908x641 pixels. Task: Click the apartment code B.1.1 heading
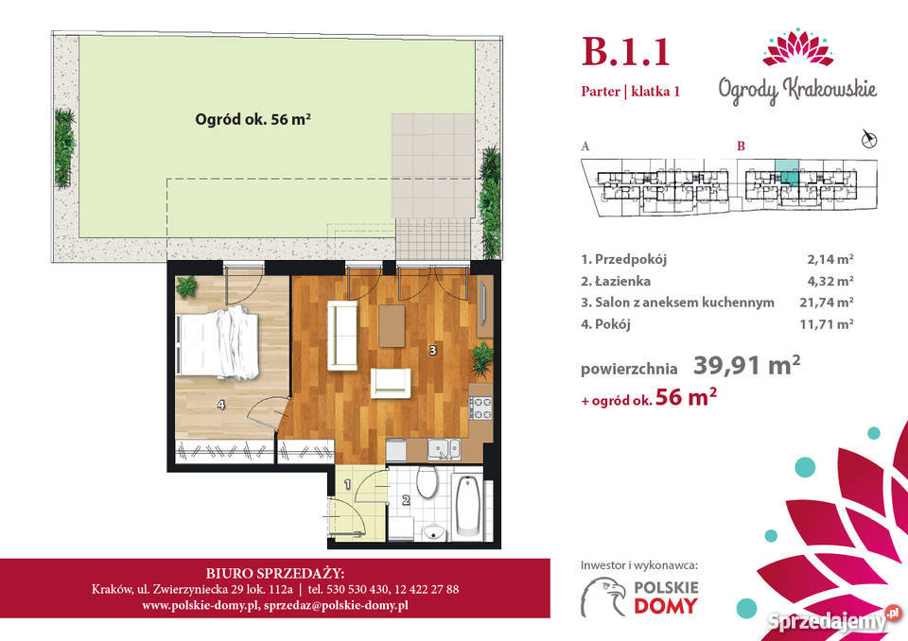point(625,52)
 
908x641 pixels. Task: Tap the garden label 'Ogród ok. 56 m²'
point(253,119)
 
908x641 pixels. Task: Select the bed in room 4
point(218,343)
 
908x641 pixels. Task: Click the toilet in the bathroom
point(428,483)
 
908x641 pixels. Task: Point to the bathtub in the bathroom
point(468,506)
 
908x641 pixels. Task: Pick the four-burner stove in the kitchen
point(480,407)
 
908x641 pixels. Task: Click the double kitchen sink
point(445,449)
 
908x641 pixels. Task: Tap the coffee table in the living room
point(392,325)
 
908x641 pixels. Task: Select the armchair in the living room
point(391,383)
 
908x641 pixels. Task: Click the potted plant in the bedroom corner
point(186,286)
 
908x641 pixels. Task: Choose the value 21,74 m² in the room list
point(827,303)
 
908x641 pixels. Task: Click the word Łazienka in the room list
point(622,281)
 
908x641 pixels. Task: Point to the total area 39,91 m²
point(747,365)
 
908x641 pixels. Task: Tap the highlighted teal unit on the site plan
point(786,172)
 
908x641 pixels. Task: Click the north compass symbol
point(868,138)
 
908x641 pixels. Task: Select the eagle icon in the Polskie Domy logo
point(604,597)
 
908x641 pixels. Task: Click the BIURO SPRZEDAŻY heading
point(275,573)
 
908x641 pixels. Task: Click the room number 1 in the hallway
point(347,483)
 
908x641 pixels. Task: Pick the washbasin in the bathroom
point(432,531)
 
